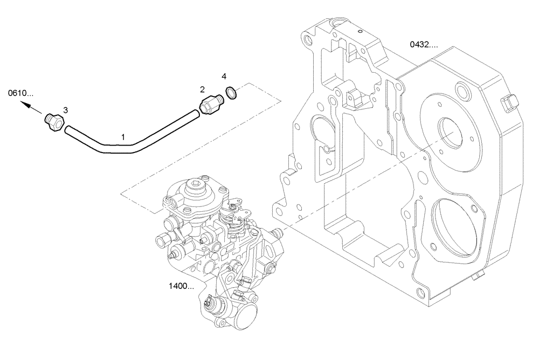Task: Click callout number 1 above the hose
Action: pos(123,138)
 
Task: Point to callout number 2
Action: pos(203,89)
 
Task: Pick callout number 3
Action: pos(65,110)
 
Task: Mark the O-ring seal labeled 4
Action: pos(231,93)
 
